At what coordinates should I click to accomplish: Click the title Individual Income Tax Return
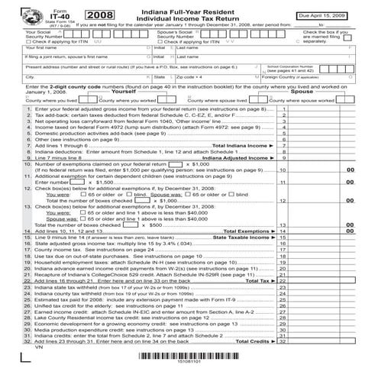point(207,21)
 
